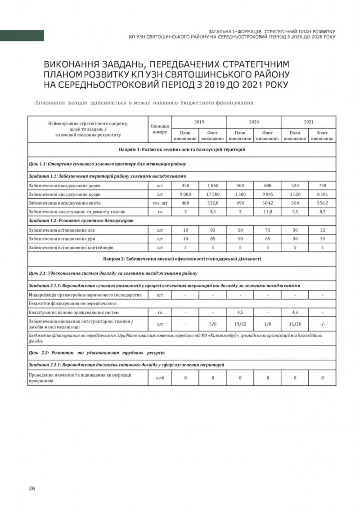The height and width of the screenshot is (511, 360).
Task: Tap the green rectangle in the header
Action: [22, 35]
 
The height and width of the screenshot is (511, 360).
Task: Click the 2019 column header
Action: [199, 122]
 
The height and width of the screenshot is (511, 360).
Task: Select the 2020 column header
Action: [254, 122]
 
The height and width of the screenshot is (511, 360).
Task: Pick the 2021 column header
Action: [309, 122]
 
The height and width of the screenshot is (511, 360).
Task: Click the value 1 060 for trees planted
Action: [213, 185]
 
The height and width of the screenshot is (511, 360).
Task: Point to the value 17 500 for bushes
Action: [213, 194]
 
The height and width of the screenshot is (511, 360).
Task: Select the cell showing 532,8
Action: [213, 203]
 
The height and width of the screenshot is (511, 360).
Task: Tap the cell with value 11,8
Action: [267, 211]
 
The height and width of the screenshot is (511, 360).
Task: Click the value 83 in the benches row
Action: [213, 230]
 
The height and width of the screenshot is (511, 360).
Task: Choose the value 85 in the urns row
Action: [213, 238]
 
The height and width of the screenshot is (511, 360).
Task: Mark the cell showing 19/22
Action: [240, 323]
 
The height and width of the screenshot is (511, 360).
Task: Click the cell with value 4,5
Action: [240, 311]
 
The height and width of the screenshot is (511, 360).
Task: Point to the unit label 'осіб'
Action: [160, 378]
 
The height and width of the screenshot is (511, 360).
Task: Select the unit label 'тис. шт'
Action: [160, 203]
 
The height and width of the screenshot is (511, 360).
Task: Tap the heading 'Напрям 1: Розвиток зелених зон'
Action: [182, 149]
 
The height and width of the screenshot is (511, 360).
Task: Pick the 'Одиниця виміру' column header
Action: [160, 129]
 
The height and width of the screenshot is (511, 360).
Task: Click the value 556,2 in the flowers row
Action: [322, 203]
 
